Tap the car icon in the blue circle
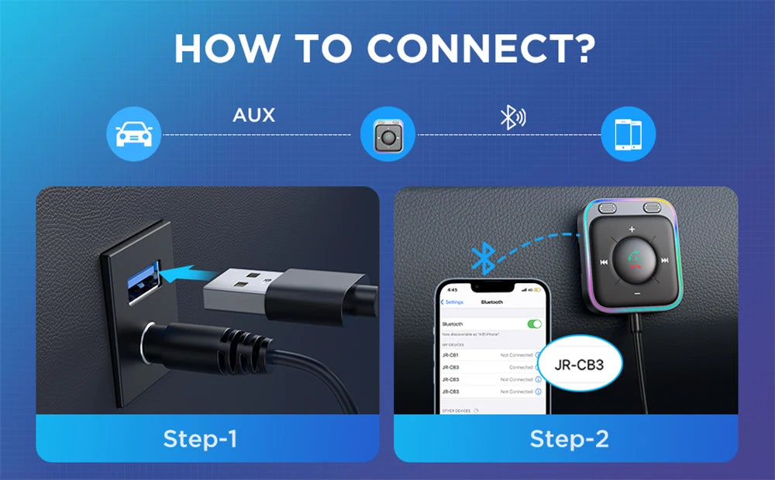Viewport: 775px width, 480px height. [x=133, y=134]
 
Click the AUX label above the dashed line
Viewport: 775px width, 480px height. [x=253, y=116]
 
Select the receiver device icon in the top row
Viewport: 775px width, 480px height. [x=388, y=134]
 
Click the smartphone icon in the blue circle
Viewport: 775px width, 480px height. [x=629, y=134]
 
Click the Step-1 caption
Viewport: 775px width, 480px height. [x=200, y=439]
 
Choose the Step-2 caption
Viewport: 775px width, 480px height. [x=569, y=439]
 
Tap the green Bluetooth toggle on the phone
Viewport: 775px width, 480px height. [x=534, y=323]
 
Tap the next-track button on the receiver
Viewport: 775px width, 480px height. [x=664, y=261]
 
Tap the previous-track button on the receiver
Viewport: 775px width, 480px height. [x=603, y=261]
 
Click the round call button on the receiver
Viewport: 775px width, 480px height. [x=633, y=261]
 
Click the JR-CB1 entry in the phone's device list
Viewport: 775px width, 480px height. [x=450, y=355]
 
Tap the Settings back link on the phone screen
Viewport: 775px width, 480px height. [x=453, y=302]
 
